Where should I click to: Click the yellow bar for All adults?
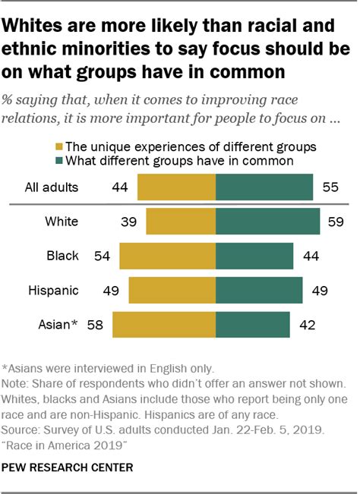[176, 186]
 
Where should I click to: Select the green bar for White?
[267, 222]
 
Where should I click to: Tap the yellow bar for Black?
[167, 256]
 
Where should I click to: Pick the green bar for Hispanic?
[259, 291]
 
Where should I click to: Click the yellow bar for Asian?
[164, 326]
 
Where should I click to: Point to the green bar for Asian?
[252, 326]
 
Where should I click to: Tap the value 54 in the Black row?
[102, 256]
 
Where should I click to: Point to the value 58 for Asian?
[95, 326]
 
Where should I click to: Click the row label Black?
[62, 256]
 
